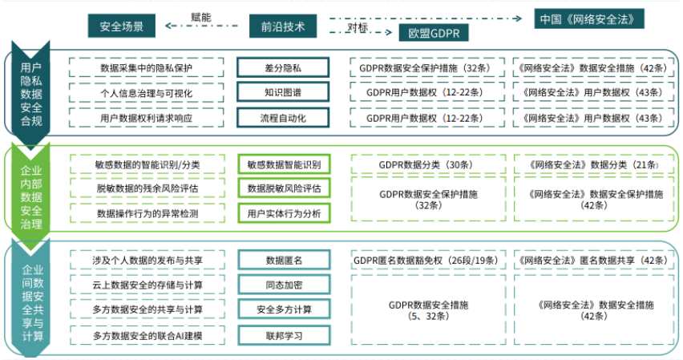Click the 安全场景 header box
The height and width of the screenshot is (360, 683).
(122, 26)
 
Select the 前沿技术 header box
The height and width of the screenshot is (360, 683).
(283, 26)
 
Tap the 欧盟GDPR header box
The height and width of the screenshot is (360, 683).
(434, 33)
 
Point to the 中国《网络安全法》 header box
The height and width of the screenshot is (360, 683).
(589, 18)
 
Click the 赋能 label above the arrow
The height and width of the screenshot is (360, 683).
(200, 17)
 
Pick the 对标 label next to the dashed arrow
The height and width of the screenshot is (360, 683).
(358, 27)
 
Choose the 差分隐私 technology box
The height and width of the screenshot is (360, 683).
(283, 67)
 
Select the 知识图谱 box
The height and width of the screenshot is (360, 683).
(283, 92)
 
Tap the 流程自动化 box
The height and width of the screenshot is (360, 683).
(283, 118)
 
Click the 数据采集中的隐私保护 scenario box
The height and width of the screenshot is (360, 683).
(147, 67)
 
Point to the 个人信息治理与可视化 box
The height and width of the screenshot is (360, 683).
(147, 93)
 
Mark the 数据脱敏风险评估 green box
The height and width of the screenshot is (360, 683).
(284, 188)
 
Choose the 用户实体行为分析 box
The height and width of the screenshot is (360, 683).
(284, 213)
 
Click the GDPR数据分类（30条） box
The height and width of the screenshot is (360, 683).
(429, 164)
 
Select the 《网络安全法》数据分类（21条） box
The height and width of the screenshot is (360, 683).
(594, 164)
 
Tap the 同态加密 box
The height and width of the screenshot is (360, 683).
(284, 285)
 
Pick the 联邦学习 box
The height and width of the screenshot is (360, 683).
(284, 336)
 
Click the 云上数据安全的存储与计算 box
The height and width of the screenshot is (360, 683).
(148, 285)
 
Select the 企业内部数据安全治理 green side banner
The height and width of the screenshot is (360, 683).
(31, 197)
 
